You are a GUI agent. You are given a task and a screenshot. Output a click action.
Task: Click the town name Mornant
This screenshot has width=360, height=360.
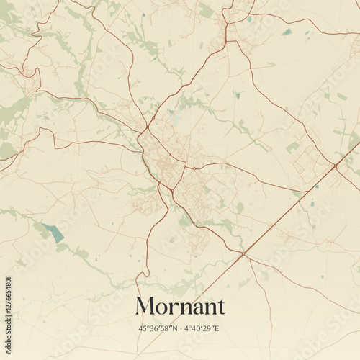pos(179,307)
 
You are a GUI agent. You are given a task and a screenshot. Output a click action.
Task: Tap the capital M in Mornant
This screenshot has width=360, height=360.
pos(146,307)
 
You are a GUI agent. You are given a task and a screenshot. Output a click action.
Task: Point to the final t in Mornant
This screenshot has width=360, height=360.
pos(220,307)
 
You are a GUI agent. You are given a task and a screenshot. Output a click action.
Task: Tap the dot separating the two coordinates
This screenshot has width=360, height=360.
pos(180,328)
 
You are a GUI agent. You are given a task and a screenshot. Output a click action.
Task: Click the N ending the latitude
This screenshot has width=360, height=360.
pos(174,328)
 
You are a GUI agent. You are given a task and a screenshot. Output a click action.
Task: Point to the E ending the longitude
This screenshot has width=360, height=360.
pos(217,328)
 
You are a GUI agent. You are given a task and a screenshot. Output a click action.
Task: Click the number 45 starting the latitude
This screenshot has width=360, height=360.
pos(143,328)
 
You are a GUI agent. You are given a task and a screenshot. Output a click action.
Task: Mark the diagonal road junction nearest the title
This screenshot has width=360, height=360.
pos(243,253)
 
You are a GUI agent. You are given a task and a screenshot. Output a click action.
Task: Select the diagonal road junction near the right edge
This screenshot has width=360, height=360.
pos(336,166)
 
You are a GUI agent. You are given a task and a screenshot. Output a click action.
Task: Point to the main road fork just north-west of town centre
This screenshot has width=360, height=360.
pos(147,127)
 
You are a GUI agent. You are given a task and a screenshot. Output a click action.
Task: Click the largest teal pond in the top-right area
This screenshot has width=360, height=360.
pos(287,32)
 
